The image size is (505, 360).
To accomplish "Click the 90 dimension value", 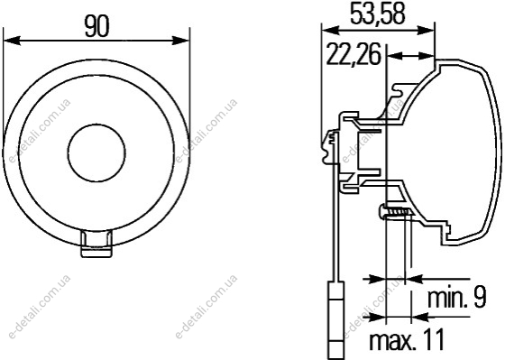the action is click(x=97, y=26).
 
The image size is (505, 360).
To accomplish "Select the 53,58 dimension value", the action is click(x=377, y=14).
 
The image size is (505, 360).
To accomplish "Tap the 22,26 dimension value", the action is click(x=353, y=54).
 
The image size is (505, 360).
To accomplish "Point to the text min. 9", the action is click(x=456, y=298).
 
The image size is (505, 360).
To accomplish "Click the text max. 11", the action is click(x=407, y=339).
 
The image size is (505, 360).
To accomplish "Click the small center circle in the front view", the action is click(x=96, y=152).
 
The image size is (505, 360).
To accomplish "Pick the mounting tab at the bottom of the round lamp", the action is click(x=96, y=244).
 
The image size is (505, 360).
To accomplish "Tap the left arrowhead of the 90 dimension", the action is click(x=12, y=41).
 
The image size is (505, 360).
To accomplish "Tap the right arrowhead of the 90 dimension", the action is click(x=181, y=41).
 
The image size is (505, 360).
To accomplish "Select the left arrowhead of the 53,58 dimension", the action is click(x=331, y=31).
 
